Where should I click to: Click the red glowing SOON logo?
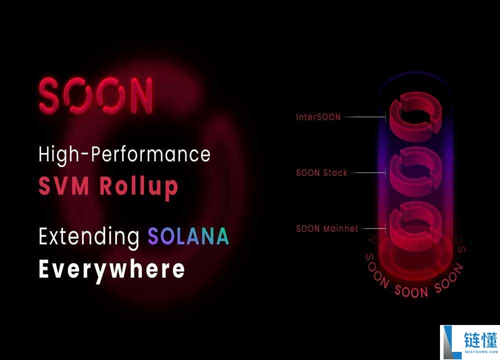pyautogui.click(x=95, y=95)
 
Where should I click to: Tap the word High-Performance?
pyautogui.click(x=124, y=155)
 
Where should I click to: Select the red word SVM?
pyautogui.click(x=64, y=185)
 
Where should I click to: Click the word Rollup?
pyautogui.click(x=138, y=187)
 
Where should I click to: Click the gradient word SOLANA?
pyautogui.click(x=188, y=236)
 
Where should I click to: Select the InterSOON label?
pyautogui.click(x=318, y=117)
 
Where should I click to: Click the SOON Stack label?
pyautogui.click(x=321, y=173)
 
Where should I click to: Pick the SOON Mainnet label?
pyautogui.click(x=327, y=228)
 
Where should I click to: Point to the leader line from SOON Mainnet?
pyautogui.click(x=373, y=228)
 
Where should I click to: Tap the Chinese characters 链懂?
pyautogui.click(x=480, y=340)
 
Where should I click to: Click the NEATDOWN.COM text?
pyautogui.click(x=481, y=351)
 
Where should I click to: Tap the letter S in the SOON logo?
pyautogui.click(x=49, y=95)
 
